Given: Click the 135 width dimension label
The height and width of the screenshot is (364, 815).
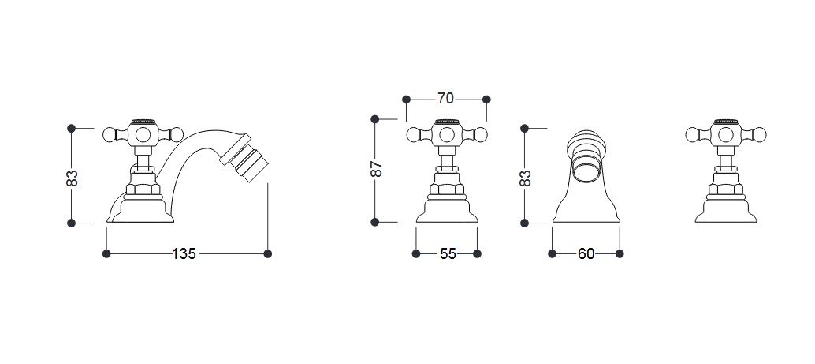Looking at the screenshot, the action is click(184, 253).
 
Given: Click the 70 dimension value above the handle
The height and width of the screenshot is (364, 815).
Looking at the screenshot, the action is click(445, 99).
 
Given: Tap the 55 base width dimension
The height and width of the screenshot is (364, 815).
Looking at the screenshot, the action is click(448, 253).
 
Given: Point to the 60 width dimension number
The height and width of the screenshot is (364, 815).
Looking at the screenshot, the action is click(586, 253).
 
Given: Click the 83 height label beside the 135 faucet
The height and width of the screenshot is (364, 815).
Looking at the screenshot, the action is click(72, 178).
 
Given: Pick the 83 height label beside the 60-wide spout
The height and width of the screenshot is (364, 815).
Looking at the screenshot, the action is click(525, 178).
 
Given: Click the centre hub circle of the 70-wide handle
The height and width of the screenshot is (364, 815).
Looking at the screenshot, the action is click(446, 135).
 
